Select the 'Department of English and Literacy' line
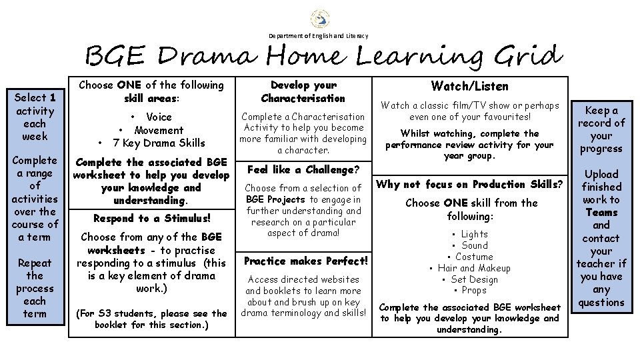coord(318,35)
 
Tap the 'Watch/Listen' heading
coord(469,86)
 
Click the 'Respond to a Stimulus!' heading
coord(152,218)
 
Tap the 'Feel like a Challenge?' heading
coord(303,169)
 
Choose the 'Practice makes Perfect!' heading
coord(306,261)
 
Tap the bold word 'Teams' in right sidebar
coord(601,212)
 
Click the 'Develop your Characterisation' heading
coord(303,92)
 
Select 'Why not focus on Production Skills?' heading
coord(470,184)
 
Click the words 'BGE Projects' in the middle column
coord(275,199)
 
